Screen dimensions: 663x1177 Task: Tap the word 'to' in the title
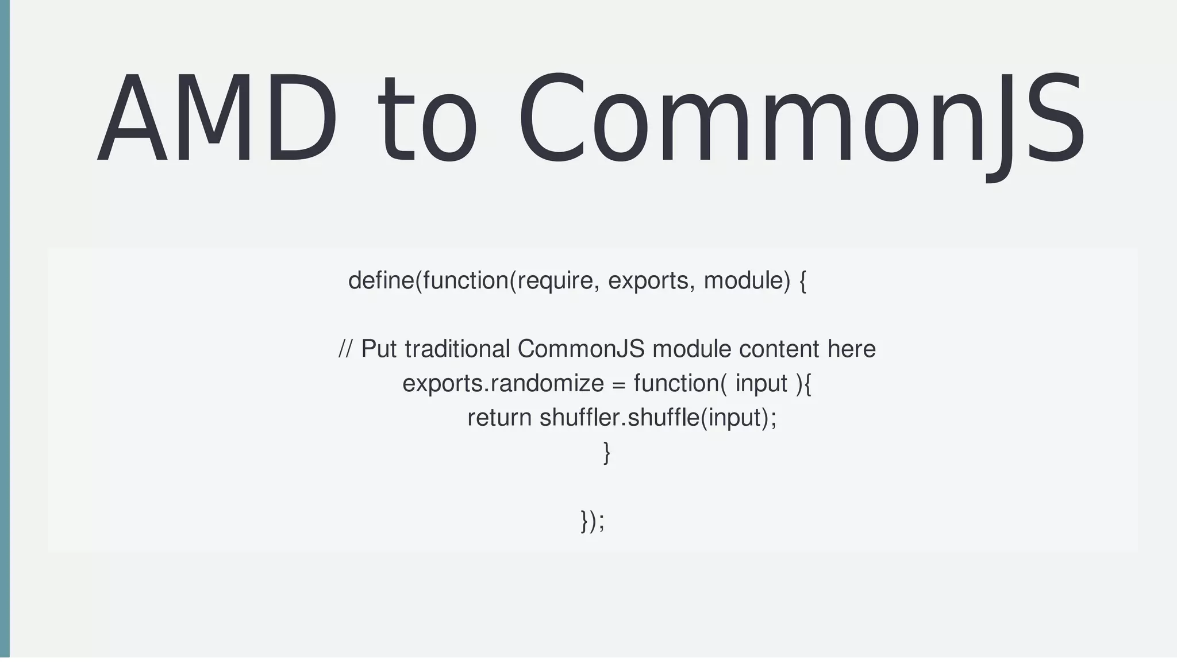point(427,121)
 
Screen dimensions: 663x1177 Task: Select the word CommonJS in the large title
point(801,121)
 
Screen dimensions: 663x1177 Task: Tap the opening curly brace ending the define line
point(802,281)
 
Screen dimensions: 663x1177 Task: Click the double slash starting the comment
point(345,349)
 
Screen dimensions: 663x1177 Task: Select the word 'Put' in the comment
point(379,349)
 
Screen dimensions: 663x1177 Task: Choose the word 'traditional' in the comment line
point(457,349)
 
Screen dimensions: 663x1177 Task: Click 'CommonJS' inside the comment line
point(580,349)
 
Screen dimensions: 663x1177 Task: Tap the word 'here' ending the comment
point(851,349)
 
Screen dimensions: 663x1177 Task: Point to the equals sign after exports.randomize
point(618,384)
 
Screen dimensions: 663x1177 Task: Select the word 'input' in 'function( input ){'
point(761,383)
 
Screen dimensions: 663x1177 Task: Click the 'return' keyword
point(499,418)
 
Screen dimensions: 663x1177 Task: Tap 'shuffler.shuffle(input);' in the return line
point(657,418)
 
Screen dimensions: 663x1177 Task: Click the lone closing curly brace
point(606,452)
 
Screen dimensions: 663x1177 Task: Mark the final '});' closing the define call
point(593,521)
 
